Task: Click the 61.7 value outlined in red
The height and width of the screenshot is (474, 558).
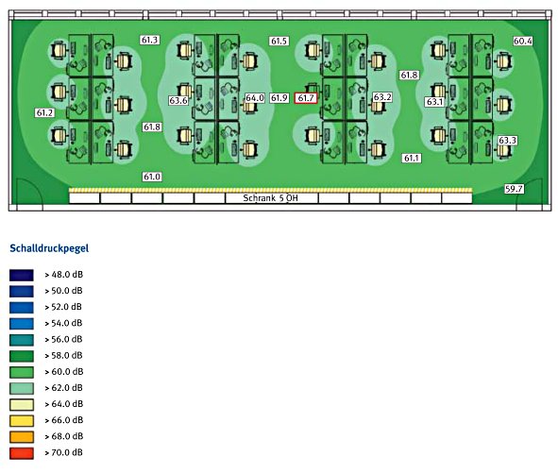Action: click(x=306, y=98)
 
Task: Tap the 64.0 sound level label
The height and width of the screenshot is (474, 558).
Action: click(x=255, y=97)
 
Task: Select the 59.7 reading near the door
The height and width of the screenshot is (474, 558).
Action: click(x=514, y=189)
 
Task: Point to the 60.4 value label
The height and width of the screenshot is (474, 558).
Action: click(x=523, y=41)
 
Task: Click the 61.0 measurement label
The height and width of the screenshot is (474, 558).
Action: click(x=152, y=177)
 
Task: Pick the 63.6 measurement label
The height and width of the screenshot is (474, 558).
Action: click(x=178, y=100)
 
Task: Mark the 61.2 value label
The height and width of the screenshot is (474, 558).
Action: click(x=44, y=112)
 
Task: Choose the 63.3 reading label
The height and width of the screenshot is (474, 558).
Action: click(x=507, y=140)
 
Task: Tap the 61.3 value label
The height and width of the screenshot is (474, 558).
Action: click(x=149, y=40)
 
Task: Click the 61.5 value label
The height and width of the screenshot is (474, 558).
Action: click(x=279, y=41)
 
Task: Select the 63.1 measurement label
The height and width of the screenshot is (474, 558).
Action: click(x=434, y=102)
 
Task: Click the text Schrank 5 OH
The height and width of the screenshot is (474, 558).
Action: click(x=270, y=198)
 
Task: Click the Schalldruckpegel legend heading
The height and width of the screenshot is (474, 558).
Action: click(x=49, y=248)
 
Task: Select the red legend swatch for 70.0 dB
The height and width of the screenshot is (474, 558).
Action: click(x=22, y=453)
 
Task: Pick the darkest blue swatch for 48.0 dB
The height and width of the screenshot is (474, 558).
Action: click(x=22, y=275)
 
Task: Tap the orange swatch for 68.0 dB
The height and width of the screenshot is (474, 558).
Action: click(x=22, y=436)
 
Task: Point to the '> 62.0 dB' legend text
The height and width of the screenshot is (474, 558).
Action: click(x=63, y=387)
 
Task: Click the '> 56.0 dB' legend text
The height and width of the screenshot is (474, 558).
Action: click(x=63, y=339)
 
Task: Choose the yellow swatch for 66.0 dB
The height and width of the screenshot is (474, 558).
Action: click(x=22, y=420)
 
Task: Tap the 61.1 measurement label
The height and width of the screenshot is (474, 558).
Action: click(x=412, y=158)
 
